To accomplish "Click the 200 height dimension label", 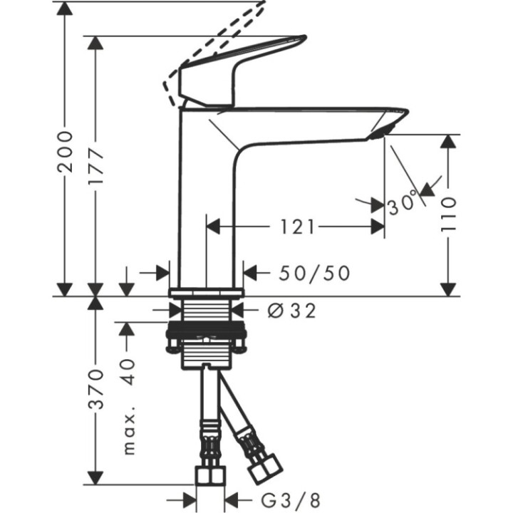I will pyautogui.click(x=66, y=150).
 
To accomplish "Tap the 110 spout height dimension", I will pyautogui.click(x=448, y=214).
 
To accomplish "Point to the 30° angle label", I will pyautogui.click(x=403, y=205).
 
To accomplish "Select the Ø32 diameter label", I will pyautogui.click(x=287, y=311).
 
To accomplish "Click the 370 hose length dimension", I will pyautogui.click(x=97, y=388).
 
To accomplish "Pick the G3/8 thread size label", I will pyautogui.click(x=279, y=499).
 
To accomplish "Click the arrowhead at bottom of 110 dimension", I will pyautogui.click(x=448, y=288).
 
